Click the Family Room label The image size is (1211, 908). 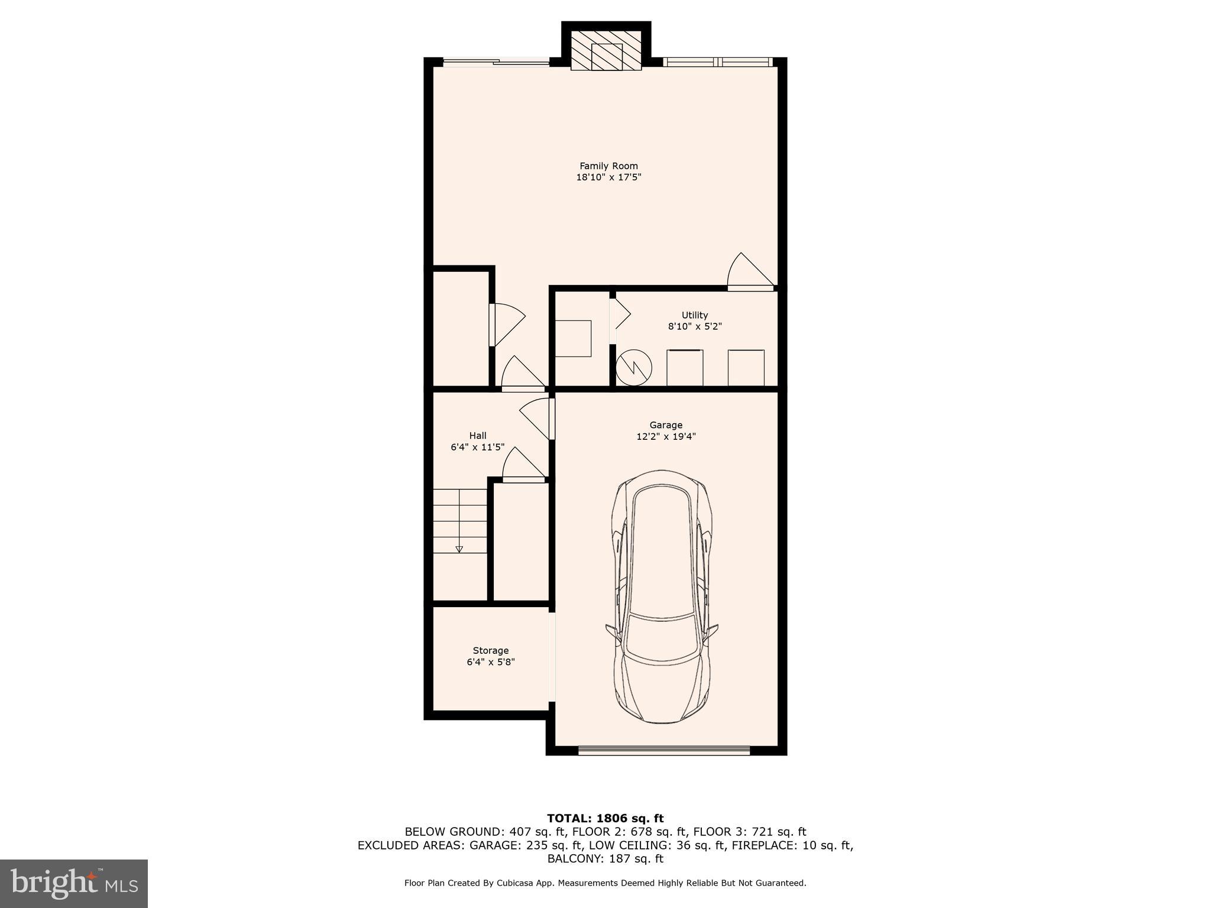tap(608, 166)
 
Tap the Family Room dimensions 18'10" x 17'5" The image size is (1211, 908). tap(608, 177)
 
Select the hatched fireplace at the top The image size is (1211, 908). tap(606, 56)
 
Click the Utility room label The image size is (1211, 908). tap(694, 315)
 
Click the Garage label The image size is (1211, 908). tap(666, 425)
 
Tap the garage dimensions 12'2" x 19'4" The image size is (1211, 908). tap(666, 437)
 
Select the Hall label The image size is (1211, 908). tap(478, 436)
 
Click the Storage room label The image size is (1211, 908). tap(490, 650)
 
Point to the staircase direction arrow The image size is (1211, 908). tap(459, 549)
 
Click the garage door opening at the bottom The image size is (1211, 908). tap(663, 751)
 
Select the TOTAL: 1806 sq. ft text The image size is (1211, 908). tap(605, 818)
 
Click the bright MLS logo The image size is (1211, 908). tap(74, 883)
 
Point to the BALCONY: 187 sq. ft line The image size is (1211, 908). tap(605, 858)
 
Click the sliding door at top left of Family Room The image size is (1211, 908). tap(497, 61)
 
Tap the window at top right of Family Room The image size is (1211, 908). tap(717, 61)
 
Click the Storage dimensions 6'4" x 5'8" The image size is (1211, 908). tap(490, 662)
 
